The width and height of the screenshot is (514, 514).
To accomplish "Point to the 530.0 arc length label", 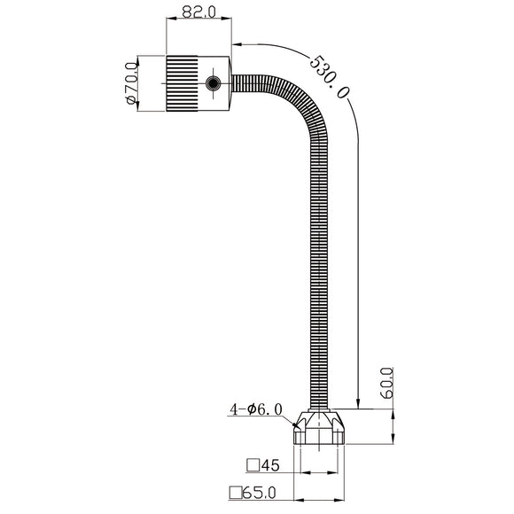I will coord(329,76).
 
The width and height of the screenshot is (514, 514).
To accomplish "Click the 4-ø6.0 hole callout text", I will coord(255,409).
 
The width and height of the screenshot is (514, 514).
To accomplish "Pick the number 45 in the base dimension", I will coord(269,464).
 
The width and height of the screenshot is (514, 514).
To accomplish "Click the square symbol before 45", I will coord(252,464).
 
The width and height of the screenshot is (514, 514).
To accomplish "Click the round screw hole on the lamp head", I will coord(213,84).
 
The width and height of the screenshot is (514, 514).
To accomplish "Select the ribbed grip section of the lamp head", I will coord(182,84).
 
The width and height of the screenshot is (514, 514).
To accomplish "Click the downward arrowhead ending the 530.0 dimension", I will coord(357,404).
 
